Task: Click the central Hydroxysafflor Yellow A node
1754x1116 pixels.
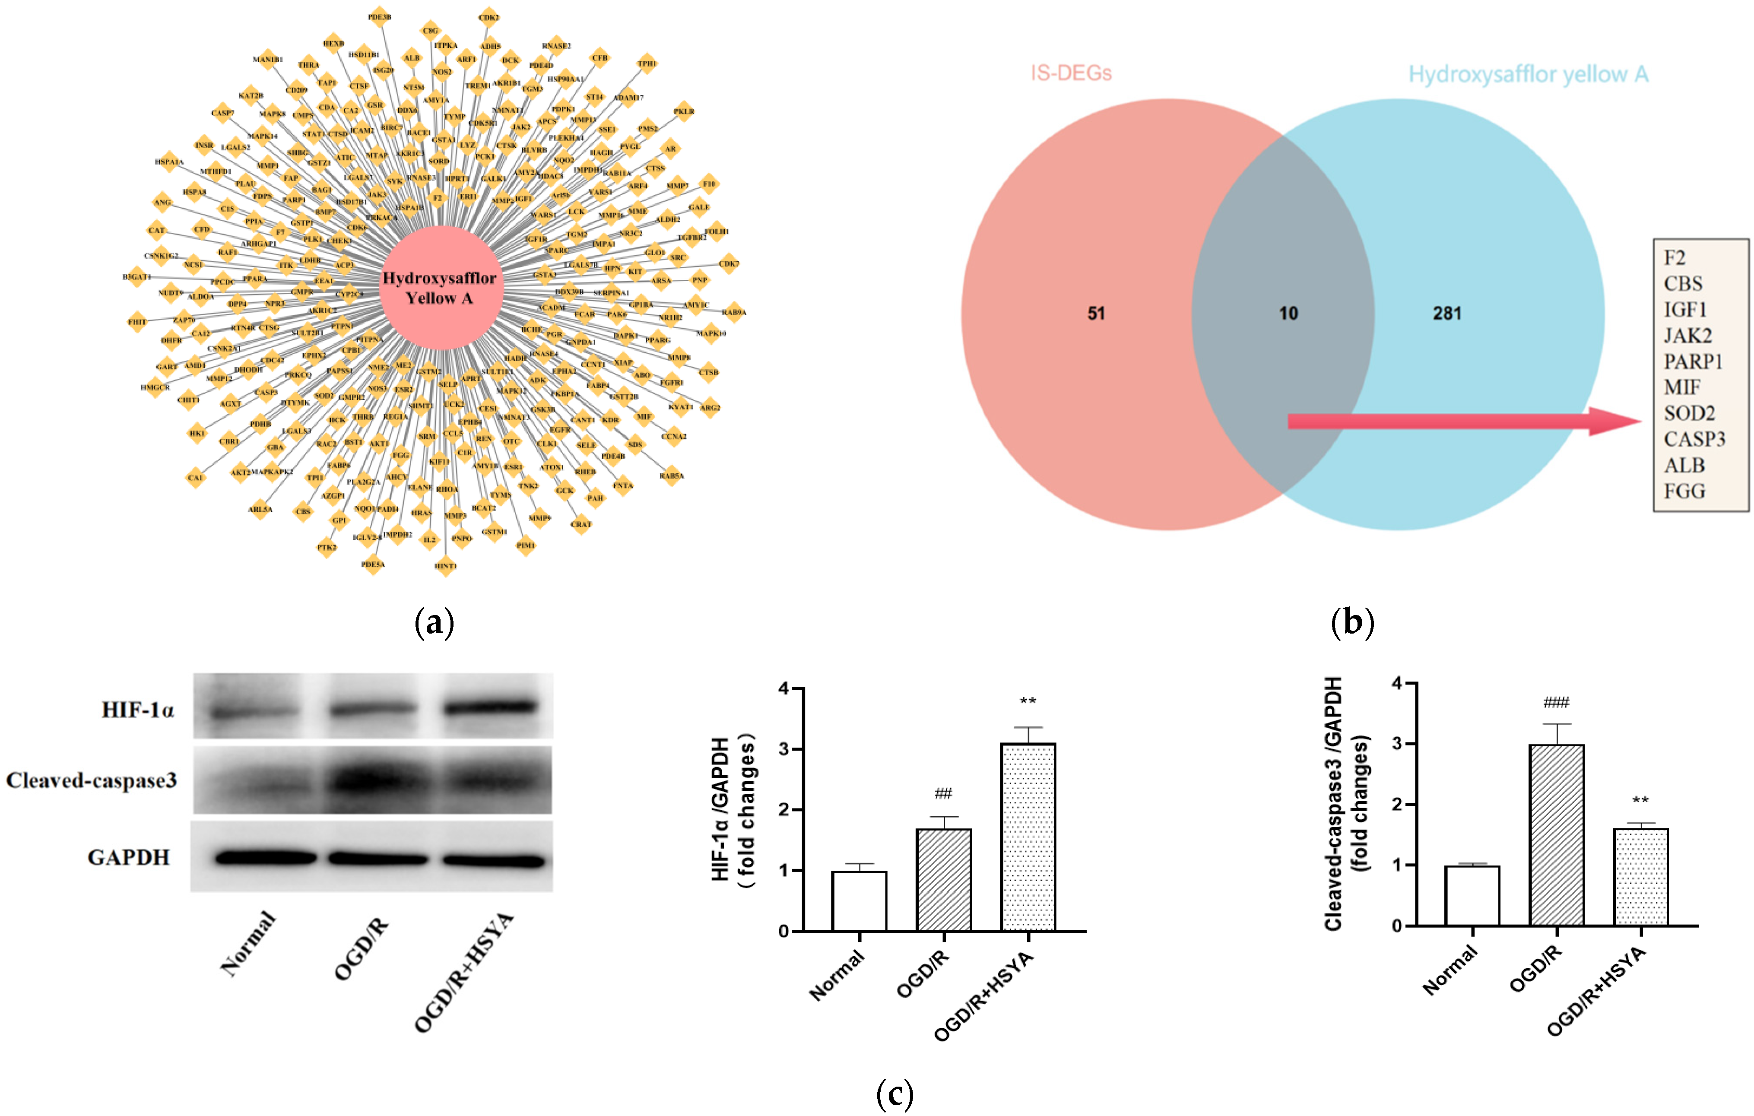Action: pyautogui.click(x=440, y=288)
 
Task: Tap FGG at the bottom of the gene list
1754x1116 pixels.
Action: pyautogui.click(x=1684, y=491)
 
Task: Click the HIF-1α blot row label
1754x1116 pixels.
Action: pyautogui.click(x=138, y=710)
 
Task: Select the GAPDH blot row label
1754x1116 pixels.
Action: pyautogui.click(x=129, y=857)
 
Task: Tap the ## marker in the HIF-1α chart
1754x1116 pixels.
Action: pyautogui.click(x=943, y=793)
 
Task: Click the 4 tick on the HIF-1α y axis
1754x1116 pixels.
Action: pyautogui.click(x=784, y=688)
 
